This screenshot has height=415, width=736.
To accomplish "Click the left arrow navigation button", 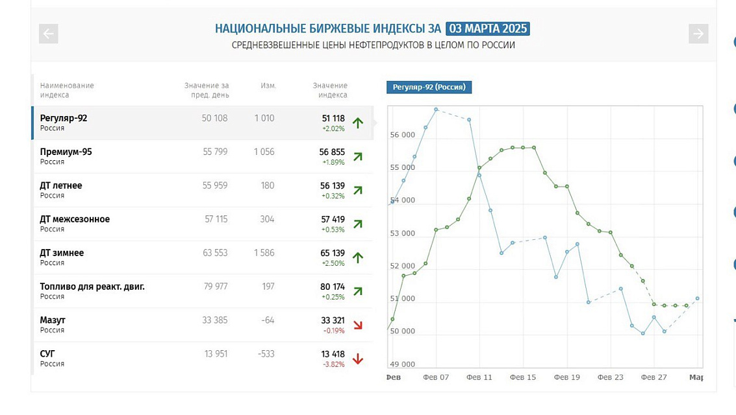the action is [48, 34].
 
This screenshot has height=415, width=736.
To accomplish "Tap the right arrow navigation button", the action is [698, 34].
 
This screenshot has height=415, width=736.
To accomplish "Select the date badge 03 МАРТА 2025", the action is [488, 29].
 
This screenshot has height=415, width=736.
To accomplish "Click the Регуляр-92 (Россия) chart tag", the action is [429, 87].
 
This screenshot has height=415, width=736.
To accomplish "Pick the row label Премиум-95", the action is [66, 152].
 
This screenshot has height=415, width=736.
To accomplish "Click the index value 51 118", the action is [333, 119].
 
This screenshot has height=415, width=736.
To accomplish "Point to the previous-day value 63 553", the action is [215, 253].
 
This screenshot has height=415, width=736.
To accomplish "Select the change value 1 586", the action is [264, 253].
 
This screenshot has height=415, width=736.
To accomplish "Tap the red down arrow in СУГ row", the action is [358, 359].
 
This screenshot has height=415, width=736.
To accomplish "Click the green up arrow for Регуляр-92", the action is [358, 123].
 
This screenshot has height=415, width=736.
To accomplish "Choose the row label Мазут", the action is [53, 320].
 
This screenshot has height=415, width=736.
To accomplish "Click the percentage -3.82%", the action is [334, 364].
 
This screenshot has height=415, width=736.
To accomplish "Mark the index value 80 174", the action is [333, 287].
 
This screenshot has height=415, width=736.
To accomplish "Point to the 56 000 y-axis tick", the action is [402, 135].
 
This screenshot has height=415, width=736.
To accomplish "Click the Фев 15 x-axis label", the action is [523, 377].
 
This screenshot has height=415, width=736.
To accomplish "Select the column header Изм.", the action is [268, 86].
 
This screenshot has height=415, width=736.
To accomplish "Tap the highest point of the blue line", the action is [436, 110].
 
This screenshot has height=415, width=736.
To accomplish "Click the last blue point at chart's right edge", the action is [698, 298].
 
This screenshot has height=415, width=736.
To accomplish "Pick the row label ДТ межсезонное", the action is [75, 219].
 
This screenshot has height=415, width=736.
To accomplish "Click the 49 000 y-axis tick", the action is [402, 364].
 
